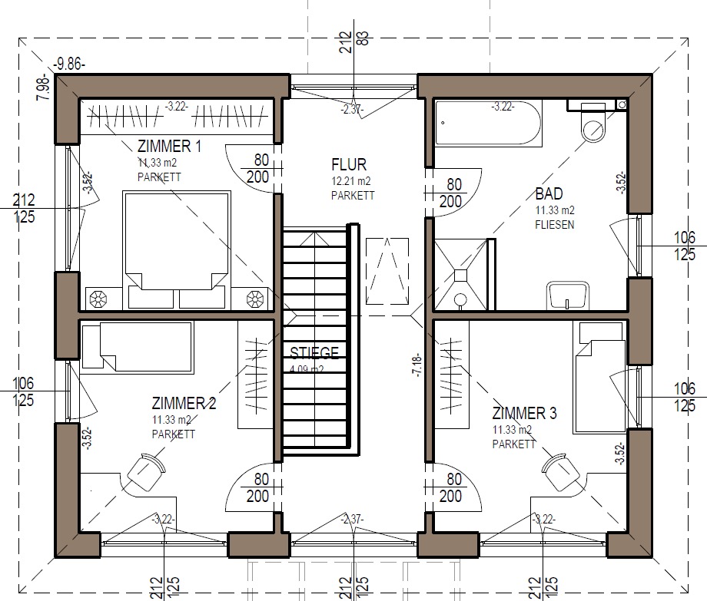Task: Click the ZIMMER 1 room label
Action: coord(169,147)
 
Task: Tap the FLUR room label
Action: coord(349,165)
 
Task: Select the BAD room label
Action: coord(549,194)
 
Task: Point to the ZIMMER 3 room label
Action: coord(524,413)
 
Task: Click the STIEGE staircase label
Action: coord(314,352)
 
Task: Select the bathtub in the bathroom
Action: coord(488,124)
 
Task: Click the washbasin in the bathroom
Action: coord(568,296)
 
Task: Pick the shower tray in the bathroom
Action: coord(461,275)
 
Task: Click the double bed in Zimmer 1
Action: coord(177,250)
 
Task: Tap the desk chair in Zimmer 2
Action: coord(146,472)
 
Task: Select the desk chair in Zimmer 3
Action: coord(560,473)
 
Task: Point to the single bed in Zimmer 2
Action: coord(138,348)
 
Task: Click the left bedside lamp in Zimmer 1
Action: coord(98,299)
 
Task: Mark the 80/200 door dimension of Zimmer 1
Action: coord(258,168)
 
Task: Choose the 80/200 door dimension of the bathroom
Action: coord(451,193)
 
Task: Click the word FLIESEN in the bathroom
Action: coord(555,225)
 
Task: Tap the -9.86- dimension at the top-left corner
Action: coord(69,64)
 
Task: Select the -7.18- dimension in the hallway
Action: coord(417,365)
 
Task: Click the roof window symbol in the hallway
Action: coord(387,271)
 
